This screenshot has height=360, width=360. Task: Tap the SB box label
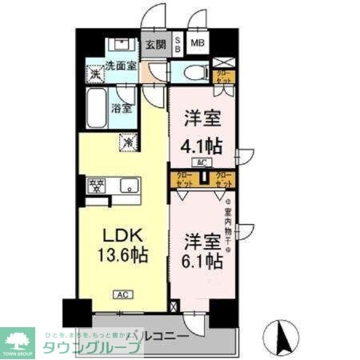[178, 45]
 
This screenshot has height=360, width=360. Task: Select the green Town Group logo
[20, 340]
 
